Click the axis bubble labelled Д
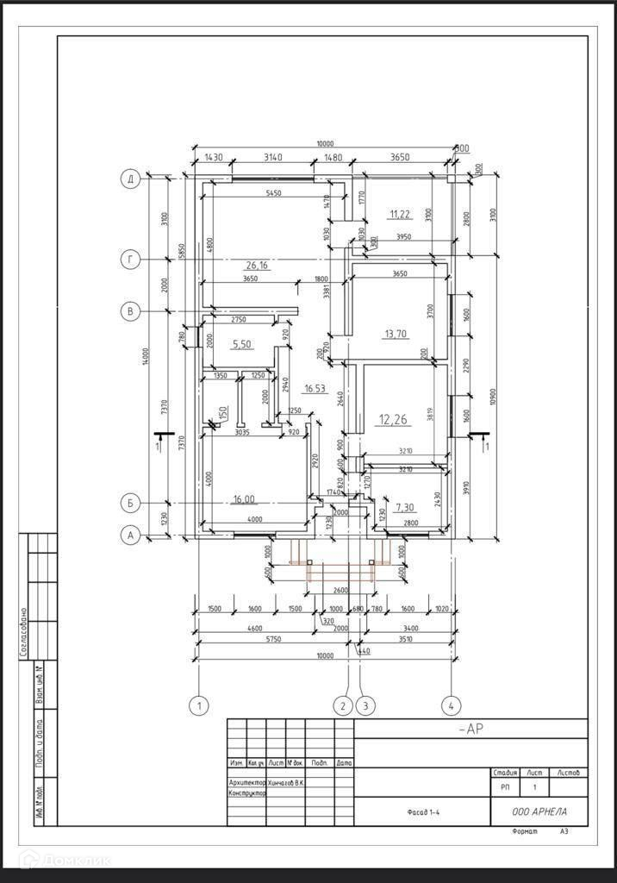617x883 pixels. click(130, 179)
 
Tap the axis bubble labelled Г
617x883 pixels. click(130, 260)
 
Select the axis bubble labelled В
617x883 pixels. click(130, 311)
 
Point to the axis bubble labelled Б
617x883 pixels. click(130, 503)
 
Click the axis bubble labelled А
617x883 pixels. click(130, 535)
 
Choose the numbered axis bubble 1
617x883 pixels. click(199, 706)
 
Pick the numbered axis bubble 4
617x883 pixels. click(450, 706)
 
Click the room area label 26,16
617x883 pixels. click(258, 266)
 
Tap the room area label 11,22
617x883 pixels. click(401, 214)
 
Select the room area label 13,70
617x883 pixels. click(396, 334)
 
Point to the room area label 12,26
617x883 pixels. click(392, 420)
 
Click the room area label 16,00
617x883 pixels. click(244, 499)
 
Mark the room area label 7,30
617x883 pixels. click(404, 508)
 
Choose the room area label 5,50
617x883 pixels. click(242, 344)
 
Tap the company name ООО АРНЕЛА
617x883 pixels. click(539, 811)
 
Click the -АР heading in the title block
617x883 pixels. click(471, 730)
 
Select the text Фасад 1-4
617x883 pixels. click(426, 812)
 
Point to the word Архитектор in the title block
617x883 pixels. click(247, 782)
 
